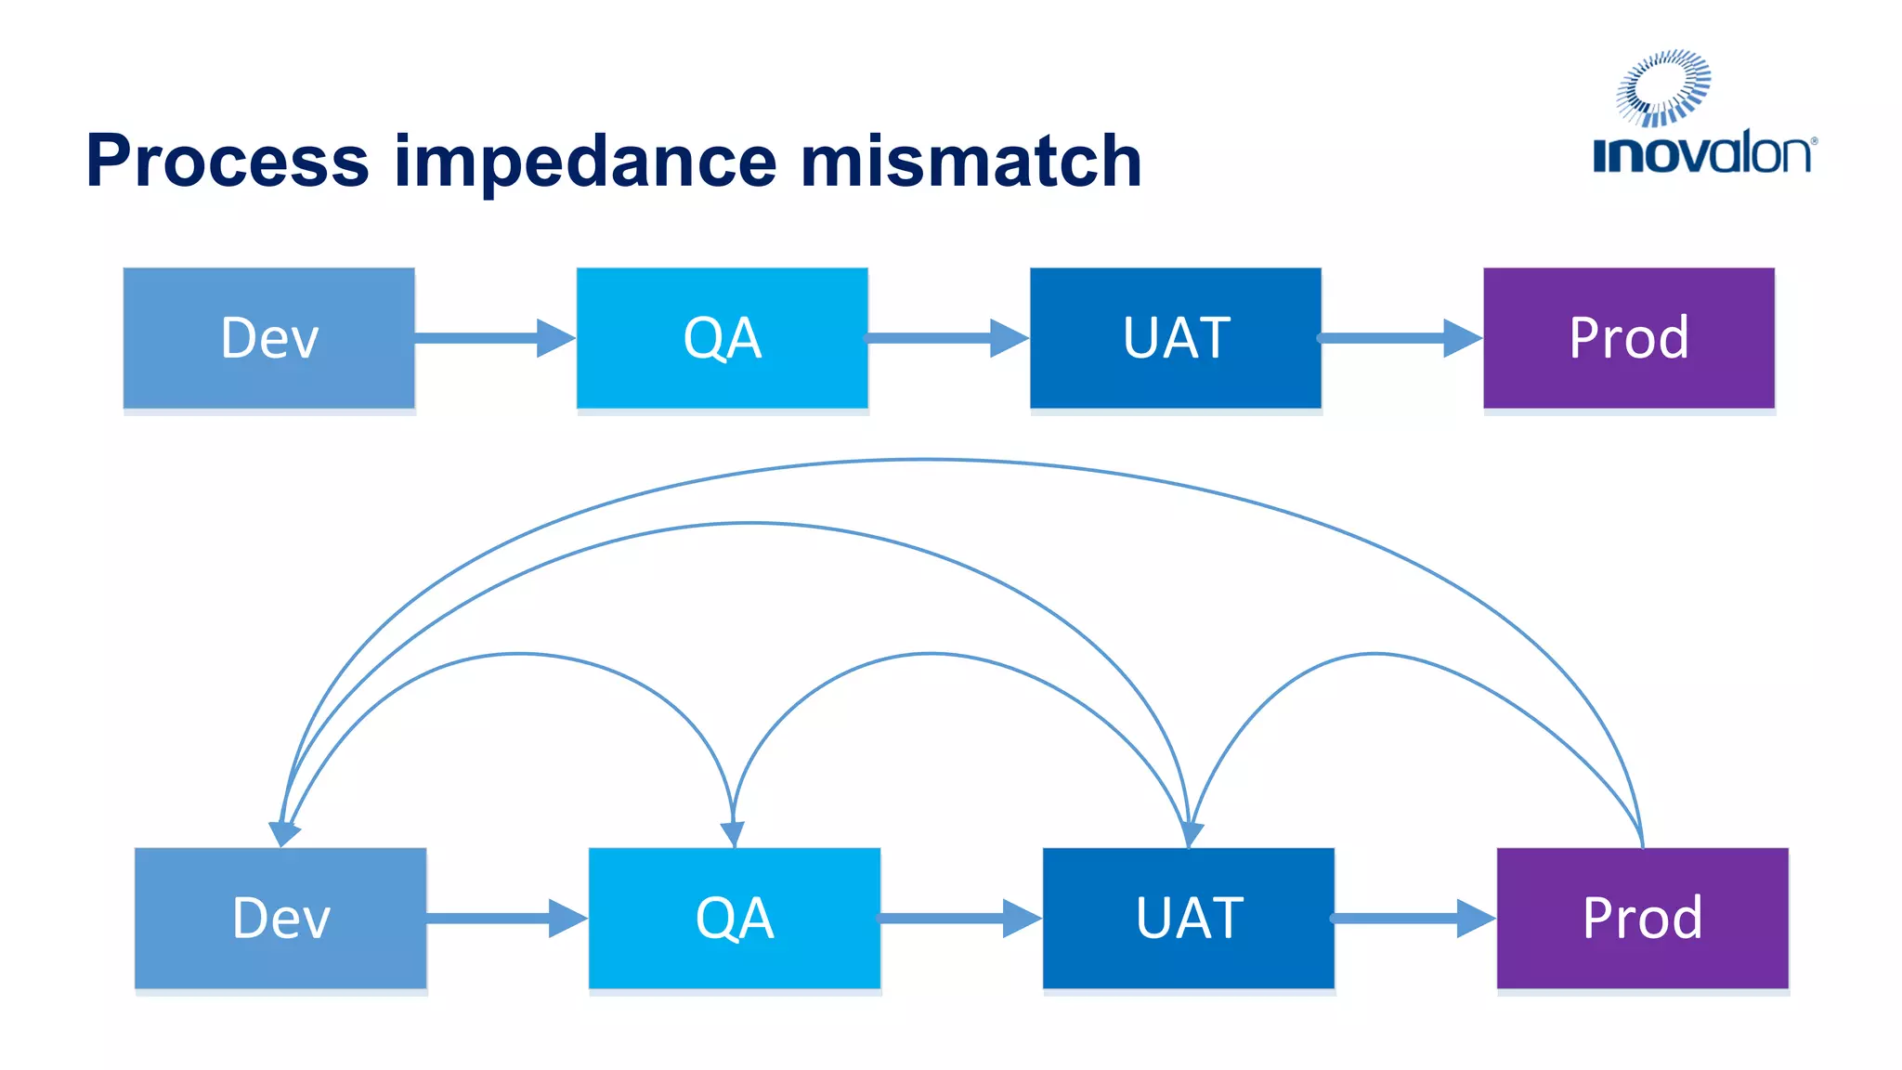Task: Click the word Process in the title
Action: [x=228, y=161]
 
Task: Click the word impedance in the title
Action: [x=585, y=161]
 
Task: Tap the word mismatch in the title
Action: [x=971, y=161]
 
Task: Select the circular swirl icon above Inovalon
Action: [x=1663, y=87]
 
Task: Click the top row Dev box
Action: [x=269, y=338]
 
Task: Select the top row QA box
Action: [x=722, y=338]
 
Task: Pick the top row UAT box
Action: [x=1175, y=338]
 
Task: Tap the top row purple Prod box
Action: [x=1629, y=338]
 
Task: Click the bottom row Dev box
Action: [x=280, y=918]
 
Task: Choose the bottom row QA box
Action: [x=734, y=918]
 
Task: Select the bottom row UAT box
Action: [x=1189, y=918]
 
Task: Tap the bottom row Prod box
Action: [x=1642, y=918]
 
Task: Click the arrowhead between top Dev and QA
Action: [x=555, y=338]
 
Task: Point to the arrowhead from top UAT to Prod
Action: [x=1462, y=338]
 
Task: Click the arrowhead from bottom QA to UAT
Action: [x=1022, y=918]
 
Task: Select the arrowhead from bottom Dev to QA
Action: [x=567, y=918]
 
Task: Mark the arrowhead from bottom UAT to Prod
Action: [x=1475, y=918]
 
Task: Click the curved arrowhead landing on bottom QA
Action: [x=734, y=834]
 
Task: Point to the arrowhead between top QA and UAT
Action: [x=1009, y=338]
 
